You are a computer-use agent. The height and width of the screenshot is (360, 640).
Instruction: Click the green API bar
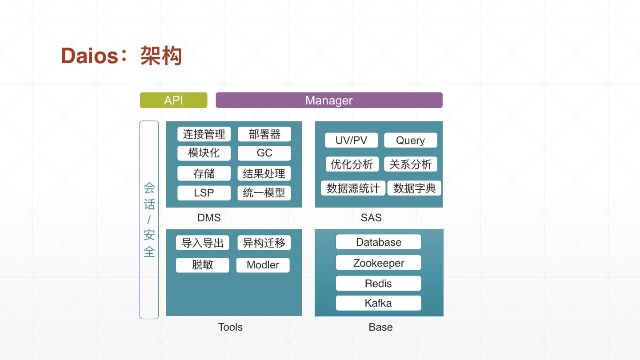173,100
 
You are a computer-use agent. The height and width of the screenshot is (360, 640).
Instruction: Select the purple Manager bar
329,100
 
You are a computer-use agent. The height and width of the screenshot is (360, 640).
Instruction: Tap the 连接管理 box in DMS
204,134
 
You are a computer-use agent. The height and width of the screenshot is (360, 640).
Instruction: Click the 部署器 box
264,134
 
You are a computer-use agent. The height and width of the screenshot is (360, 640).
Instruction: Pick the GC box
264,153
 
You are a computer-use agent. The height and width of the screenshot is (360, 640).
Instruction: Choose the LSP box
204,193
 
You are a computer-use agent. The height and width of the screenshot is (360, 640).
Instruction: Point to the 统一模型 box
264,193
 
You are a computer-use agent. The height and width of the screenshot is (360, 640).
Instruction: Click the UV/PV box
351,140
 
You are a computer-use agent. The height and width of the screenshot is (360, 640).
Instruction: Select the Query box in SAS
410,140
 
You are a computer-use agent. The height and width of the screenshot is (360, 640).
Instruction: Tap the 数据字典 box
414,188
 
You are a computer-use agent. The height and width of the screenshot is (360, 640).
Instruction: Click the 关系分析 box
410,164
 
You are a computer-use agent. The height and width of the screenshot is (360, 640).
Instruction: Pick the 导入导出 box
203,243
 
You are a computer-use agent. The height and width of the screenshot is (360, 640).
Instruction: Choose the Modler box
263,265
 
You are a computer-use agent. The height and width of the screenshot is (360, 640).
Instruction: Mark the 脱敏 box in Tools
203,265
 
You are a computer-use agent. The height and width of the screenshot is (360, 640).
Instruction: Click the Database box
378,242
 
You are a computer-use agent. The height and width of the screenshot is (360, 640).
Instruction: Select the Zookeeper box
378,263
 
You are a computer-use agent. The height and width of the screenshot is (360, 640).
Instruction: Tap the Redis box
378,283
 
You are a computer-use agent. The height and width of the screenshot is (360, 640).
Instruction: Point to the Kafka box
378,303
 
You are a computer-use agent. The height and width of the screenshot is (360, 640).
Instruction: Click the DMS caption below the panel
209,218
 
